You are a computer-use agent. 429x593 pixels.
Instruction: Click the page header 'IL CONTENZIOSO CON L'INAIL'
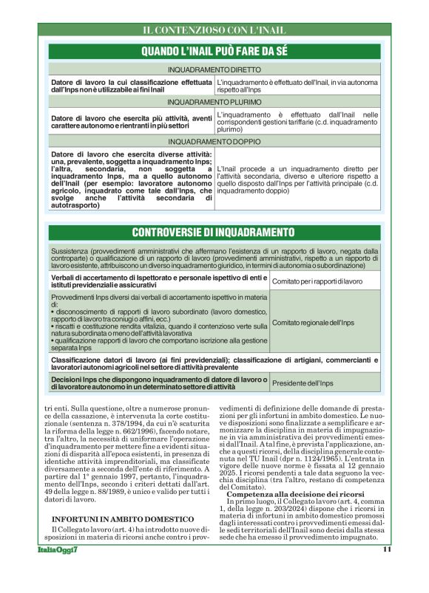pos(214,30)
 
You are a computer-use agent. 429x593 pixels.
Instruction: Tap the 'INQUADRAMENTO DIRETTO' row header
pos(214,69)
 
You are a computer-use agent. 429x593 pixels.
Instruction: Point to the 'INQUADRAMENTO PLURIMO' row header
pos(214,101)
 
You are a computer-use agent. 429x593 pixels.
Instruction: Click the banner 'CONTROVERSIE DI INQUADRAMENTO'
pos(214,232)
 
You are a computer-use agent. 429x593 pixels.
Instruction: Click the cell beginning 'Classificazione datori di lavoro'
pos(214,363)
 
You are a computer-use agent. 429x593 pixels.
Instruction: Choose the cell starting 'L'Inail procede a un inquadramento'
pos(297,179)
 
